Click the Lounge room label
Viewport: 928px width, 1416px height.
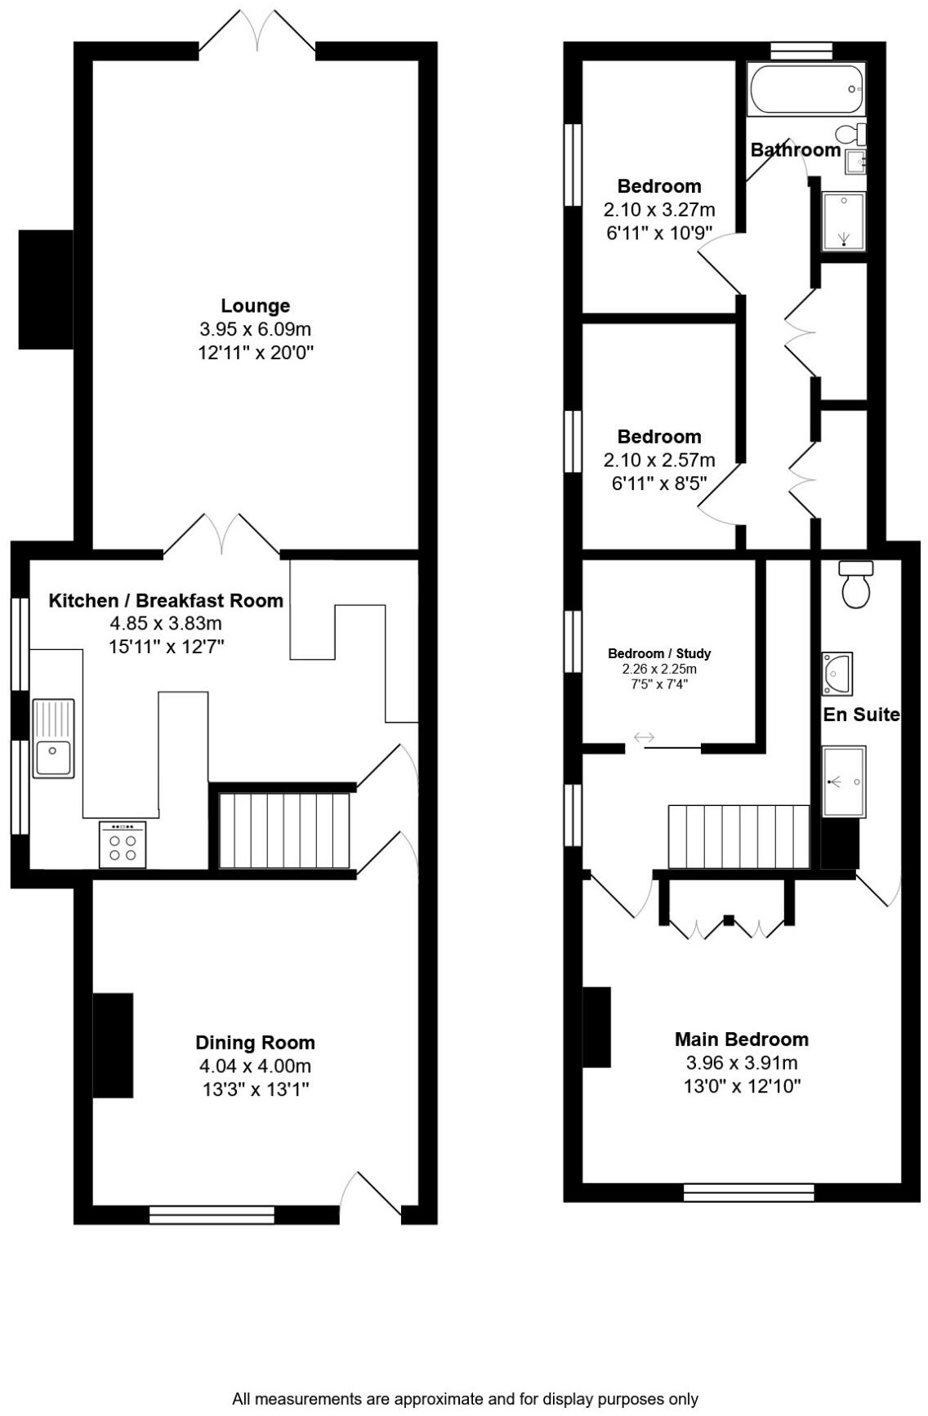255,305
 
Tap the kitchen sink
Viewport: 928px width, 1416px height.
53,738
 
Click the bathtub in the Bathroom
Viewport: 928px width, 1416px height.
805,89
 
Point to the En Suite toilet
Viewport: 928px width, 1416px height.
856,586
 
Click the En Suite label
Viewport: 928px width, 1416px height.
860,715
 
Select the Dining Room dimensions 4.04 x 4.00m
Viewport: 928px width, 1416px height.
255,1066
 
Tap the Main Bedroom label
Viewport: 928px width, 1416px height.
741,1039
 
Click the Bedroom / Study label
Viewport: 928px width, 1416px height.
659,653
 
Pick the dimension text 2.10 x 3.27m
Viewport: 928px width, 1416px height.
659,209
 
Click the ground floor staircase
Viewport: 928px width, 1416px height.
284,830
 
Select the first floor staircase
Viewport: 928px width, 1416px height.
738,836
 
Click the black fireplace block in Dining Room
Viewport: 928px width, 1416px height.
113,1045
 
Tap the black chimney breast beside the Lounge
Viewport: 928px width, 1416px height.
46,289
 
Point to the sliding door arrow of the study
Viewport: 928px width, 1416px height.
645,738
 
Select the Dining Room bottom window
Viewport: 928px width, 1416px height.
212,1214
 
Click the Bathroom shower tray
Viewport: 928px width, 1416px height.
843,220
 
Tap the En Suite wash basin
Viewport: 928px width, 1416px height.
837,673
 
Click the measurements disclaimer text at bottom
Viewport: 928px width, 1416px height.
465,1399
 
